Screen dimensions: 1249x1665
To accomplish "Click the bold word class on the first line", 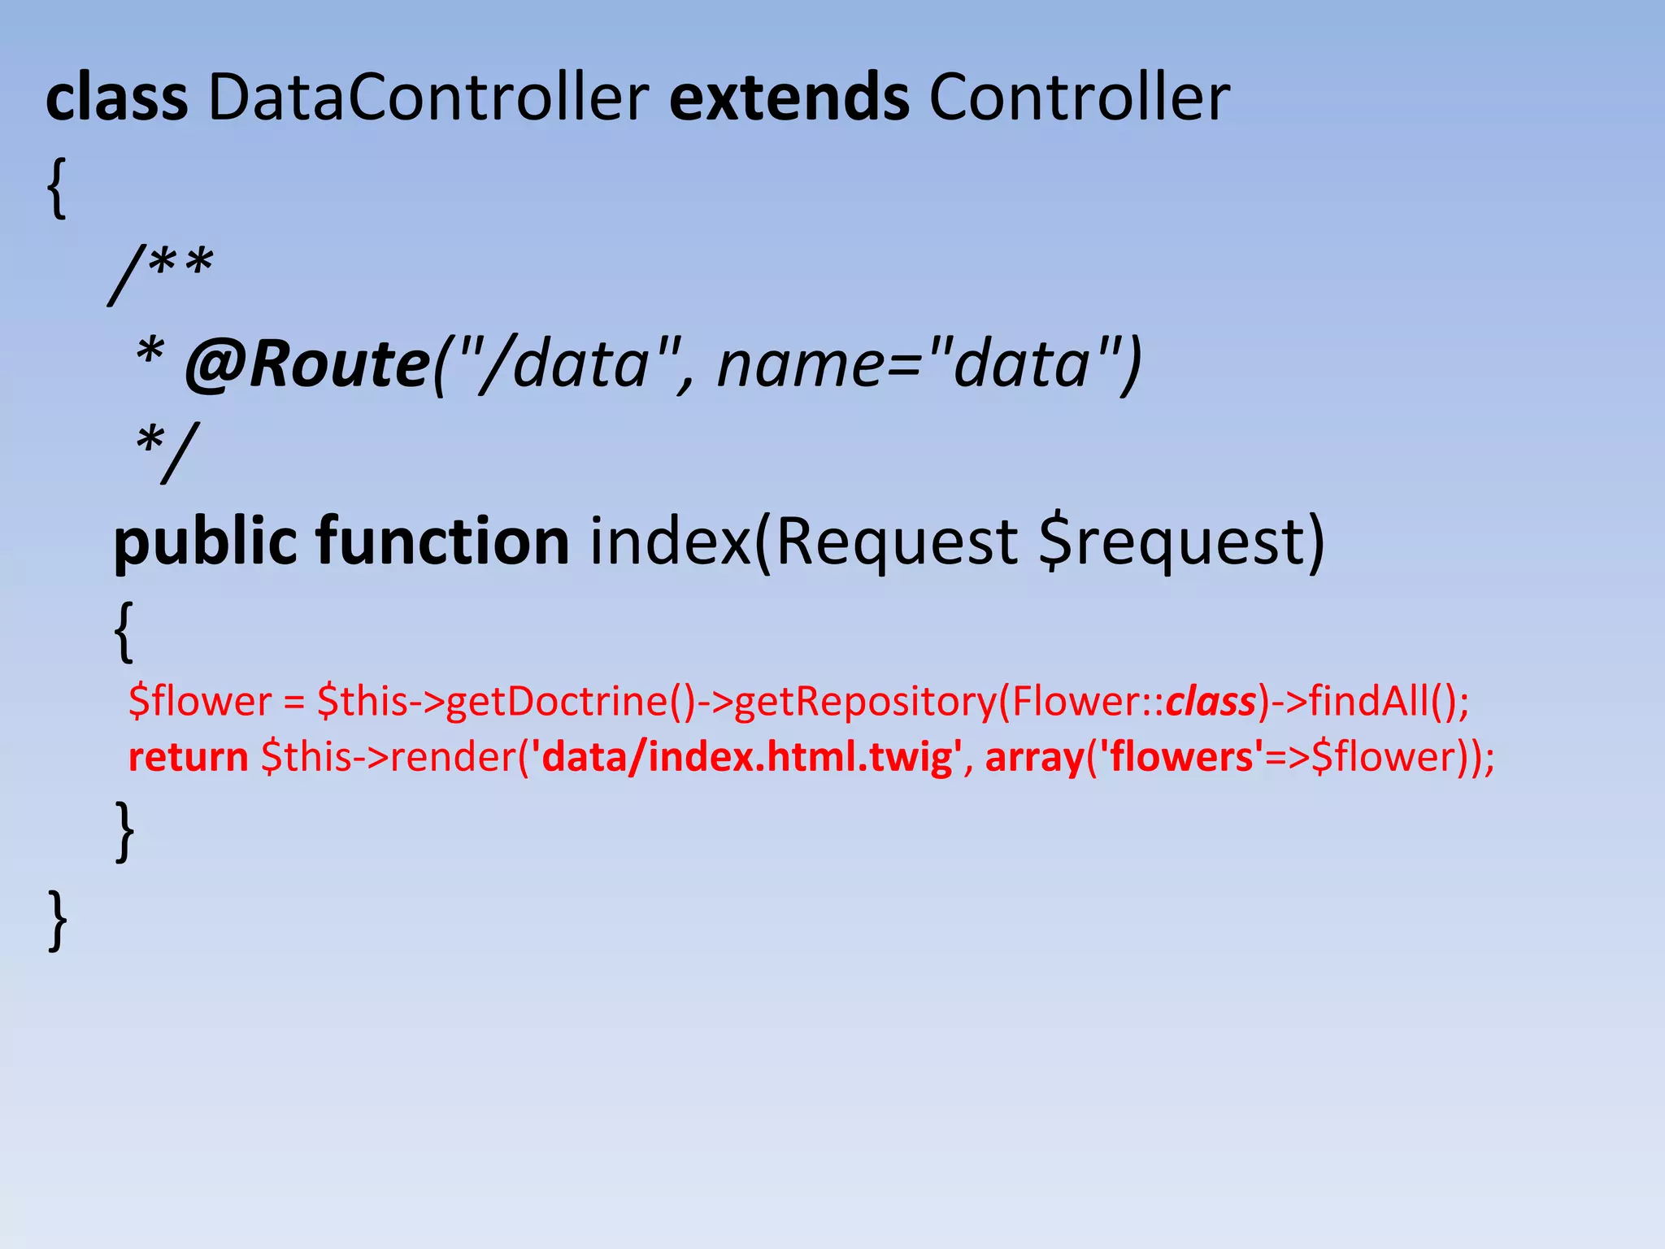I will (116, 98).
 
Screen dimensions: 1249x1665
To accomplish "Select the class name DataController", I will (428, 98).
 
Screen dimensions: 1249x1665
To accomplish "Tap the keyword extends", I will (789, 98).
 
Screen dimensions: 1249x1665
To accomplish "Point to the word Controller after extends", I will (1079, 98).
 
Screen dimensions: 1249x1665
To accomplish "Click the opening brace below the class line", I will (56, 189).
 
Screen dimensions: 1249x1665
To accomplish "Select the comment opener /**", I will (161, 272).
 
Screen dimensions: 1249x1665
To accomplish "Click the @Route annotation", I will (307, 363).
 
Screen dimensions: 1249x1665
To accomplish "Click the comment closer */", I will (167, 451).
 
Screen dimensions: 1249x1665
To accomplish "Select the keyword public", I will (205, 542).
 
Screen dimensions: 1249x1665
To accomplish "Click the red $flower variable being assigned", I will (200, 701).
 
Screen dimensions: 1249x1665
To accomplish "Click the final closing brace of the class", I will (58, 920).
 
